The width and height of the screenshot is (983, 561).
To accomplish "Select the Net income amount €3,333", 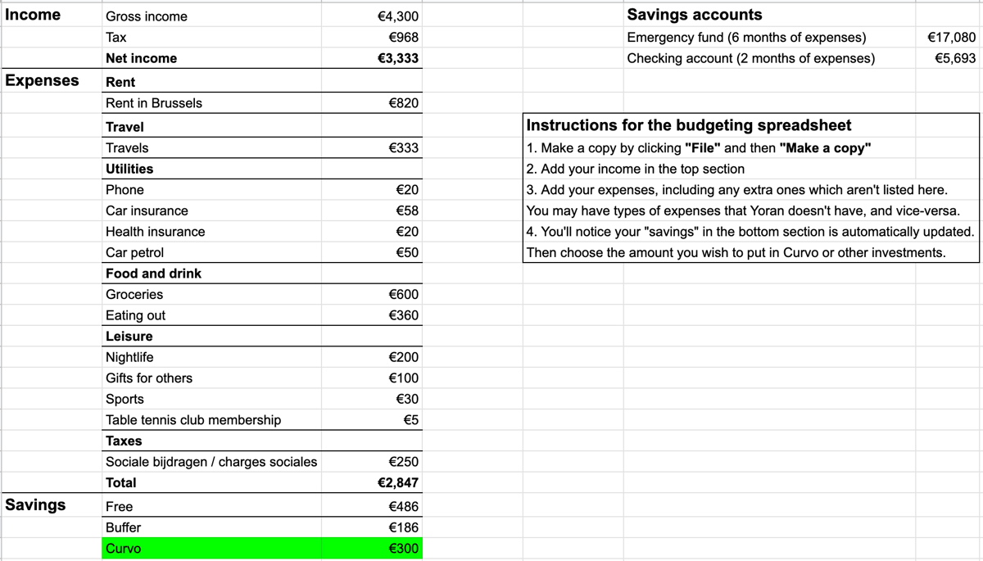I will pos(398,58).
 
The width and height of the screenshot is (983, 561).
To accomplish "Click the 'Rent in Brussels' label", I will pos(153,103).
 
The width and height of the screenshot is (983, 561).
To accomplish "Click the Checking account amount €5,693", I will pos(954,58).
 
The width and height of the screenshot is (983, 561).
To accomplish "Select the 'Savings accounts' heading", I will pos(694,15).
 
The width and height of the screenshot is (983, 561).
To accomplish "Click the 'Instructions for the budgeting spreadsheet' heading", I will pos(688,125).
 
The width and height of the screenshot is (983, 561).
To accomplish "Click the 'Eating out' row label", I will pos(135,315).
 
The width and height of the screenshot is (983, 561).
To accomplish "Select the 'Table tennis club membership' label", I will pos(193,420).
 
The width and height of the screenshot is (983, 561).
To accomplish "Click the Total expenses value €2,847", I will pos(398,482).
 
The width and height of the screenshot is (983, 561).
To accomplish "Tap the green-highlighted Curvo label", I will pos(123,549).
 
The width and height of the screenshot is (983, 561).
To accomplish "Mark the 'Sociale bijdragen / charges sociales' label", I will pos(211,462).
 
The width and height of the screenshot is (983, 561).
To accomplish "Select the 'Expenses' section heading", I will pos(42,80).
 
